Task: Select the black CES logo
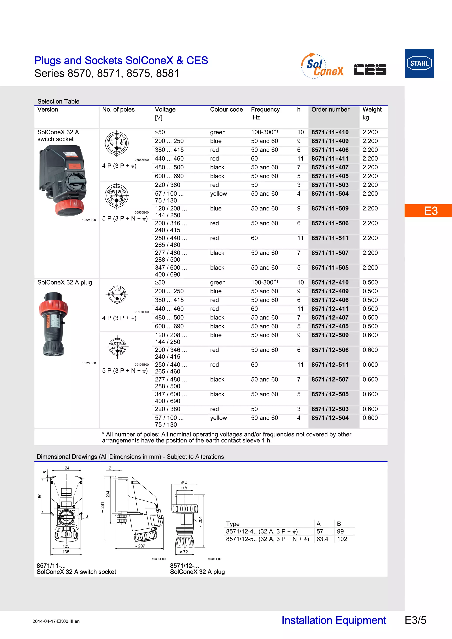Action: (x=370, y=69)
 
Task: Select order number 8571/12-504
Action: (x=330, y=418)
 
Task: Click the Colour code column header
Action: (x=226, y=110)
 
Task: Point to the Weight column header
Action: (x=372, y=110)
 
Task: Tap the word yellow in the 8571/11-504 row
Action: (x=218, y=194)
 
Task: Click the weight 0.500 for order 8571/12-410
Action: (x=370, y=283)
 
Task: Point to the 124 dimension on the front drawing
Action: (x=66, y=468)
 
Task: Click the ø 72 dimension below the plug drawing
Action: (x=184, y=552)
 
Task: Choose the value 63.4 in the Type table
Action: (x=322, y=539)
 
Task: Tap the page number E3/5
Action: (x=415, y=620)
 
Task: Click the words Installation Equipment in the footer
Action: (x=334, y=620)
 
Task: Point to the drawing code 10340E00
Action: (x=215, y=559)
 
